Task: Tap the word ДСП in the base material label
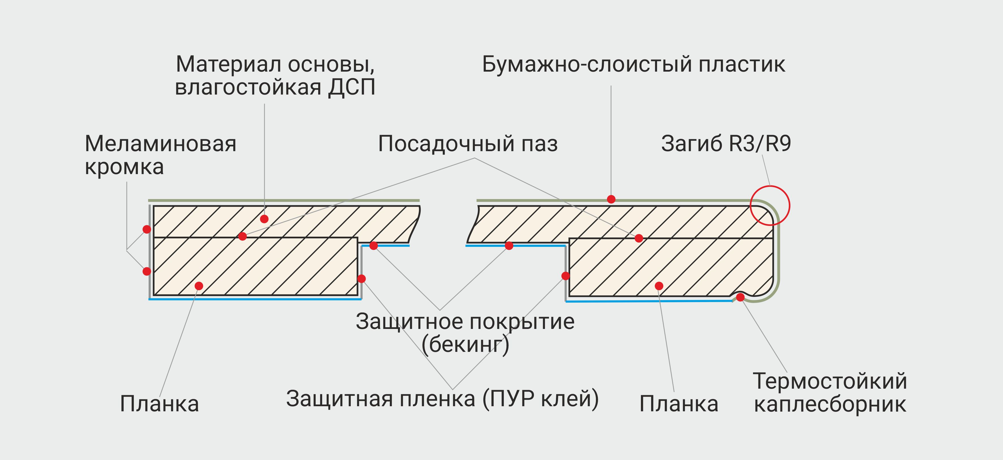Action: point(352,87)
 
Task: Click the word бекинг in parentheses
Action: point(465,344)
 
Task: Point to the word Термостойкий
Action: point(830,381)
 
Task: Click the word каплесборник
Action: point(830,404)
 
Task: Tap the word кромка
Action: point(124,167)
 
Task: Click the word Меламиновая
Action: point(161,144)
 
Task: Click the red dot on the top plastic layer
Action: point(611,199)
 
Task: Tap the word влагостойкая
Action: point(248,87)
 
